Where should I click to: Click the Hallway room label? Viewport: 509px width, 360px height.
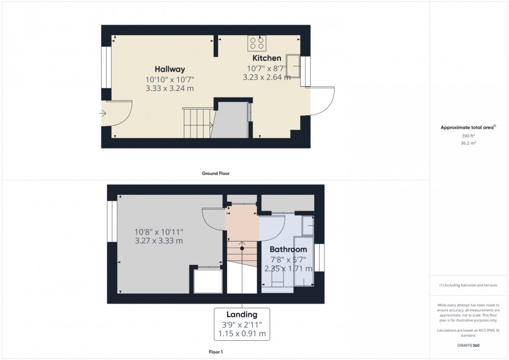pyautogui.click(x=169, y=69)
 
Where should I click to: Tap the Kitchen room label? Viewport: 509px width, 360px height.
pyautogui.click(x=266, y=58)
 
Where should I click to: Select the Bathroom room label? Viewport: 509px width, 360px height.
pyautogui.click(x=288, y=249)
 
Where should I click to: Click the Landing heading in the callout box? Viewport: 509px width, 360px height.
pyautogui.click(x=242, y=314)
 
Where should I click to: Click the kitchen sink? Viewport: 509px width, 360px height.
pyautogui.click(x=292, y=65)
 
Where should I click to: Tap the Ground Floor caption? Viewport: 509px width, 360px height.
pyautogui.click(x=216, y=174)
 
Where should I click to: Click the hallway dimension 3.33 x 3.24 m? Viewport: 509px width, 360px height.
pyautogui.click(x=169, y=88)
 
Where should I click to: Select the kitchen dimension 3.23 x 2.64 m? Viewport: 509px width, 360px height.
pyautogui.click(x=266, y=77)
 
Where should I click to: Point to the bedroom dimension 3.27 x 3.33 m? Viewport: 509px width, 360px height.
pyautogui.click(x=158, y=241)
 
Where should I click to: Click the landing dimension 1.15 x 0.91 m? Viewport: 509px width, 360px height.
pyautogui.click(x=242, y=334)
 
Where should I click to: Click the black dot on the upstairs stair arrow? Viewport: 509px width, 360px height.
pyautogui.click(x=242, y=249)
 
